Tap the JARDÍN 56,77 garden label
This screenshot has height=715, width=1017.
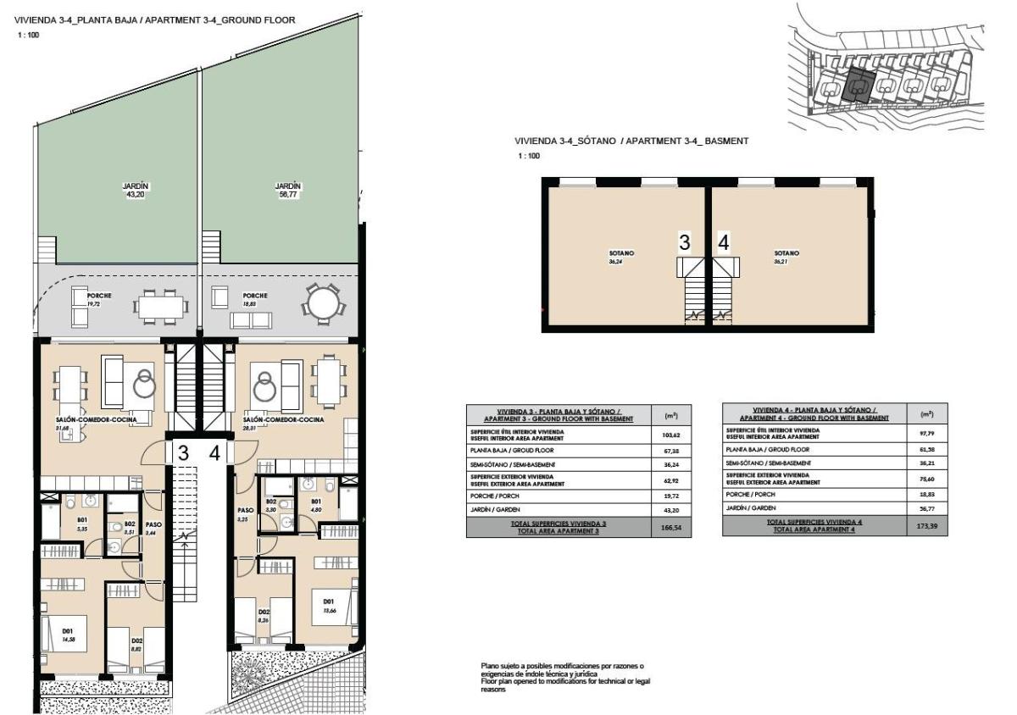tap(288, 190)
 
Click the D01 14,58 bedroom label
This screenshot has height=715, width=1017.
tap(68, 635)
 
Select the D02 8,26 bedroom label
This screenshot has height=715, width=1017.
tap(264, 616)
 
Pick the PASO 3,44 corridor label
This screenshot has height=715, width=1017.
tap(153, 528)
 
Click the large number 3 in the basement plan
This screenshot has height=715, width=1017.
tap(684, 243)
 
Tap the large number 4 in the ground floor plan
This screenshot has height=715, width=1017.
tap(215, 453)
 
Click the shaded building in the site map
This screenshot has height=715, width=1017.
tap(859, 86)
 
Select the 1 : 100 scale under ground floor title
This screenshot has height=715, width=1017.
tap(28, 35)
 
